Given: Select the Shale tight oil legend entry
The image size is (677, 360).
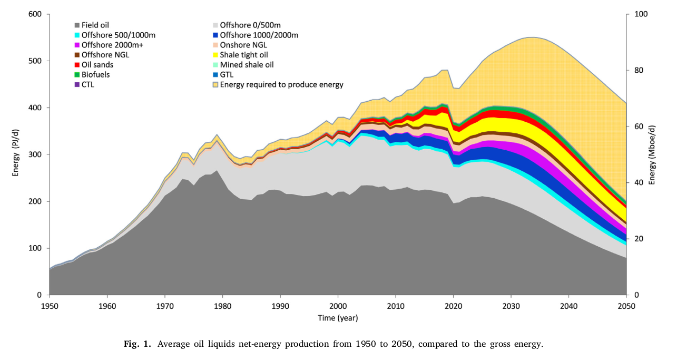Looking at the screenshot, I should pos(245,55).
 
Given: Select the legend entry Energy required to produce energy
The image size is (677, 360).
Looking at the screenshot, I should pos(281,85).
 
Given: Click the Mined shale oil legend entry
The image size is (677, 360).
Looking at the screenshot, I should pos(247,65).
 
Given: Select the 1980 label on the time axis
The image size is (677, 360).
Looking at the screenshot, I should pos(223,306).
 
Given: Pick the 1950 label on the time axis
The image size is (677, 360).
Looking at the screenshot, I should pos(50,306).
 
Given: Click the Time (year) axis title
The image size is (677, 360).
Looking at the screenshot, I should pos(338,318).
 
